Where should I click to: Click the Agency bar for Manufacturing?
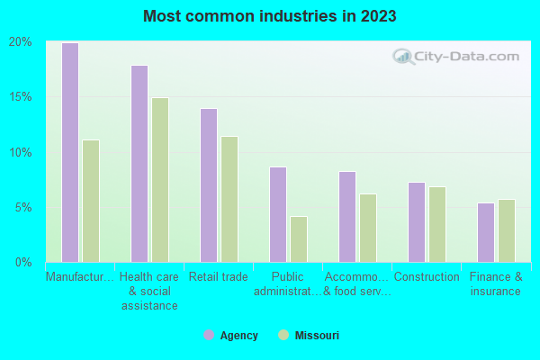click(69, 152)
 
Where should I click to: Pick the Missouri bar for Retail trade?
click(229, 199)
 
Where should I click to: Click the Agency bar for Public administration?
click(278, 214)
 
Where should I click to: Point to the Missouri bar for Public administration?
click(299, 238)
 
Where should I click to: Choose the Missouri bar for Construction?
click(437, 224)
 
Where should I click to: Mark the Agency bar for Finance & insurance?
click(486, 232)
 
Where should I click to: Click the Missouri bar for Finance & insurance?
click(507, 230)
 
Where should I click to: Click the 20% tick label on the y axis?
click(21, 42)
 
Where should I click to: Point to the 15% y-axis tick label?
click(21, 97)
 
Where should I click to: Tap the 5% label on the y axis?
click(23, 207)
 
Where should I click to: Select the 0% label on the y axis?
click(23, 262)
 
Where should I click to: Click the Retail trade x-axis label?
click(219, 277)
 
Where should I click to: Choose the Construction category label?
click(427, 277)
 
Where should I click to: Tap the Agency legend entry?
click(231, 336)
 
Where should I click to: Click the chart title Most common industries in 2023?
click(269, 16)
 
